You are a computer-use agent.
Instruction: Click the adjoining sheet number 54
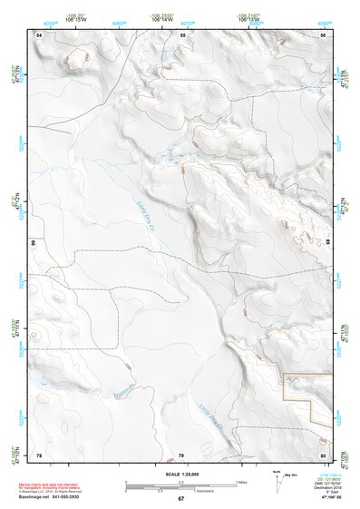39,34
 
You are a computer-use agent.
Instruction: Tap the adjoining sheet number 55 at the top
182,34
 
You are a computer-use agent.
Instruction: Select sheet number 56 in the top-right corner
323,34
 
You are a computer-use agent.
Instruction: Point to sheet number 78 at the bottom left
39,454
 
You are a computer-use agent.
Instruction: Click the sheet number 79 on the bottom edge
180,454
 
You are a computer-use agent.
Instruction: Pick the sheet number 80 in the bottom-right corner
323,454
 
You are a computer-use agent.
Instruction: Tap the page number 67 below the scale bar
180,499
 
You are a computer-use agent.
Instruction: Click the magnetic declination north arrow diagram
277,482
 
